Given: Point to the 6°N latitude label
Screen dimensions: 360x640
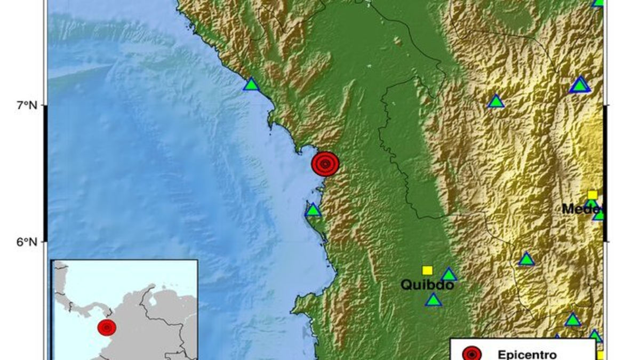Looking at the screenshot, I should [x=26, y=242].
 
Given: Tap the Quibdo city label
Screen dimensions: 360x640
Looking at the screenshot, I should [x=427, y=285].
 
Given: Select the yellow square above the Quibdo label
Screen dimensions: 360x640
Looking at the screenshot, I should [x=427, y=270].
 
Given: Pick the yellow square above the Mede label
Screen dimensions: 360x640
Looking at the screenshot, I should [x=592, y=195].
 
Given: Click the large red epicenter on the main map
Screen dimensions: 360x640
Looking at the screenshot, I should [x=325, y=164].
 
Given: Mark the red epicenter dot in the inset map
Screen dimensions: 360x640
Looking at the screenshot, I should [x=107, y=327].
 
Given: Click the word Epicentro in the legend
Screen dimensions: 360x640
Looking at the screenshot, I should [x=527, y=354].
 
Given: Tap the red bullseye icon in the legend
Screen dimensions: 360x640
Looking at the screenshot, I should [x=472, y=354].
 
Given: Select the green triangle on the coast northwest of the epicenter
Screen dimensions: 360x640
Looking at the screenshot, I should [x=251, y=84].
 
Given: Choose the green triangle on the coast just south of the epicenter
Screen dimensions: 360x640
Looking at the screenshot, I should [x=313, y=211].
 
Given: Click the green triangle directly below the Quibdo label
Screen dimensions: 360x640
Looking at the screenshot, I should [x=434, y=300].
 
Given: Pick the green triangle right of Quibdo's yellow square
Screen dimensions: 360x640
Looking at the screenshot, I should [x=449, y=275].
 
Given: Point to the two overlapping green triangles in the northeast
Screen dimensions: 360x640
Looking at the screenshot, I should [x=580, y=85].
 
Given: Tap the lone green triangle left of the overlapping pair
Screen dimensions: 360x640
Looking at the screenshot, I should [x=496, y=101].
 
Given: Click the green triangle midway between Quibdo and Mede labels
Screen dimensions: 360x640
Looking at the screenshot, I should [x=526, y=259].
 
